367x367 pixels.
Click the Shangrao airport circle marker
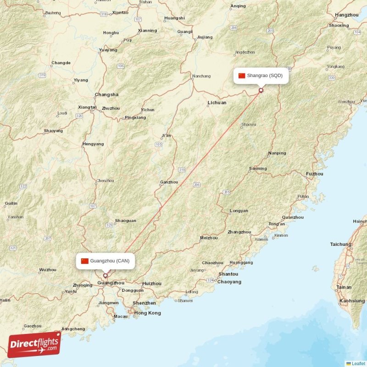pos(261,90)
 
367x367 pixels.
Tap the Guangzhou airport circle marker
pos(106,276)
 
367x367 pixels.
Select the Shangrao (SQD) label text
pos(265,75)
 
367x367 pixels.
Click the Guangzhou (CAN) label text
pos(110,261)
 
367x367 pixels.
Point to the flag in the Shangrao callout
pos(242,75)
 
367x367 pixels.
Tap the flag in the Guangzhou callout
pos(84,261)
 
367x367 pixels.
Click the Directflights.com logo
pos(34,345)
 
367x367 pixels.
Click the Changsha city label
pos(106,95)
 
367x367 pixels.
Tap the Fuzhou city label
pos(314,174)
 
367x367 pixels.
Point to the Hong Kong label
pos(148,313)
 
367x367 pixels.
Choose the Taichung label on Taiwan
pos(340,244)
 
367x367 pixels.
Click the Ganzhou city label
pos(169,182)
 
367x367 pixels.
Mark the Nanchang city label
pos(201,76)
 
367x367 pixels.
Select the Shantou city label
pos(228,274)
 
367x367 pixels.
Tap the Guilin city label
pos(11,203)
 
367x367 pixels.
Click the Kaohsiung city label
pos(352,301)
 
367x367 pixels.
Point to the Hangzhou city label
pos(347,15)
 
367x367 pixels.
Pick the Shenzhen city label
pos(144,303)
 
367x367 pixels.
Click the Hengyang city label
pos(93,144)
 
